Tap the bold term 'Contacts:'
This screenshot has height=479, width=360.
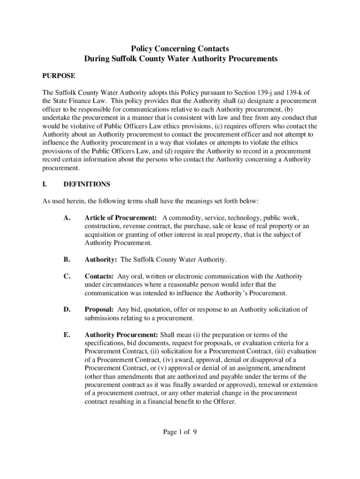pyautogui.click(x=99, y=276)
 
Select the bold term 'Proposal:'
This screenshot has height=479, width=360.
pyautogui.click(x=99, y=310)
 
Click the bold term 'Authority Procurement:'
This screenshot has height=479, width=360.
pyautogui.click(x=121, y=335)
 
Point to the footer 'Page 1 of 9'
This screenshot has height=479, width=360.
pyautogui.click(x=180, y=432)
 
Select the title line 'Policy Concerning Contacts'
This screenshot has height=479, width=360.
pyautogui.click(x=180, y=48)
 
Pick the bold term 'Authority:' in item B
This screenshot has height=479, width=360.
pyautogui.click(x=101, y=259)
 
